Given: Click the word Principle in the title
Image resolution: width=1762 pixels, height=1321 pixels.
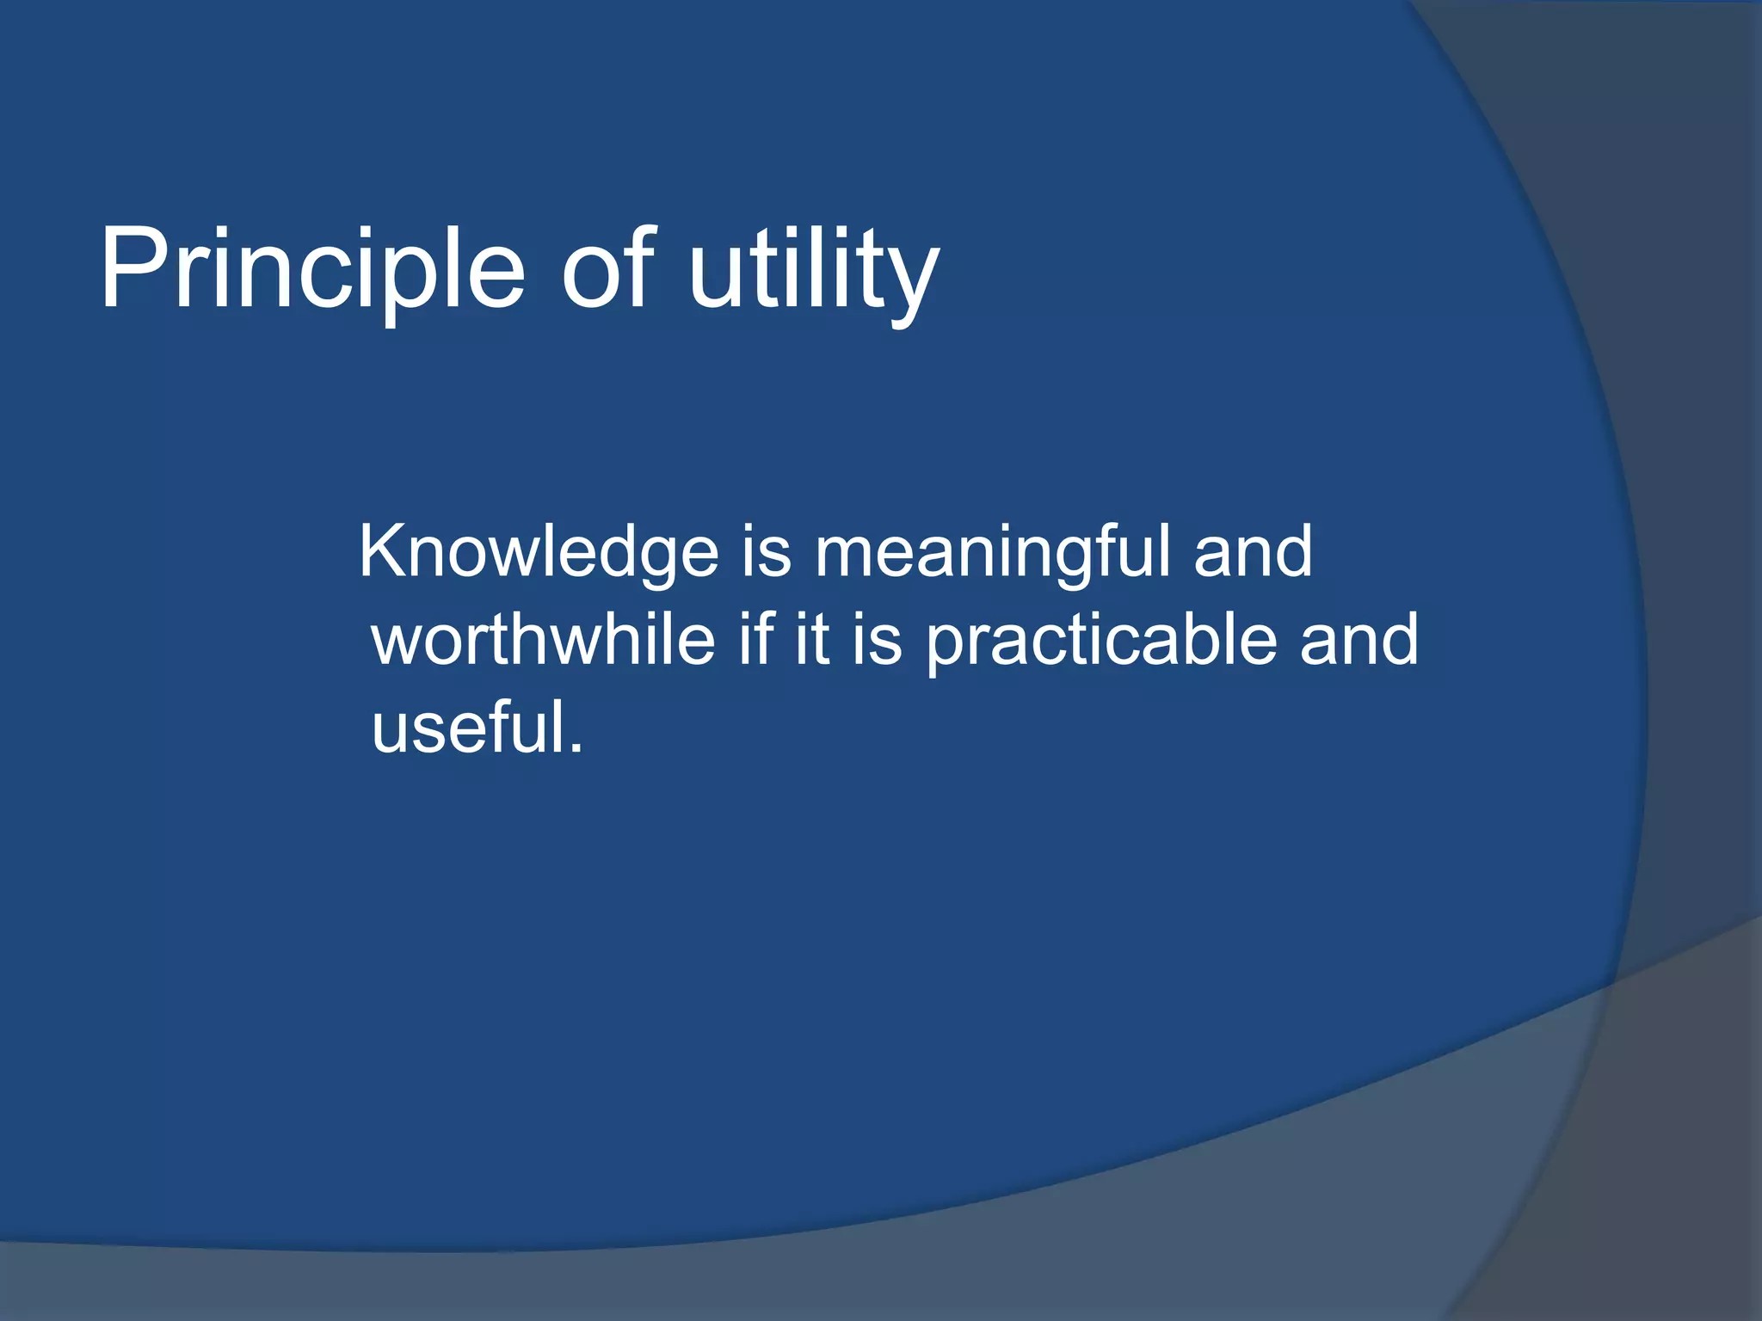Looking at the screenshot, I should [x=311, y=271].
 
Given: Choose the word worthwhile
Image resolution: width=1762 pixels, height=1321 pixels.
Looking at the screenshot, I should [x=543, y=640].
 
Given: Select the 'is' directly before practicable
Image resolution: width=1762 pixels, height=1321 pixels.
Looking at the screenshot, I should [x=878, y=640].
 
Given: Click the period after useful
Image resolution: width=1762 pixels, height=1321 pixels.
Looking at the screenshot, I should [x=576, y=750].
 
